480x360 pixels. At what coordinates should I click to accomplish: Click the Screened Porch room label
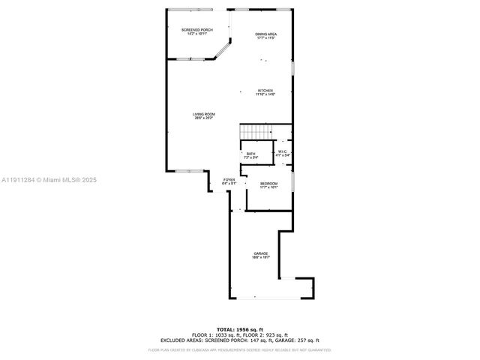coord(197,29)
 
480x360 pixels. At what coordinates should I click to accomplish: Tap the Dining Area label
coord(265,34)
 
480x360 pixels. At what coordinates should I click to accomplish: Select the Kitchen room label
coord(265,91)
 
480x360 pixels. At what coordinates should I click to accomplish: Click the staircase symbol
coord(255,132)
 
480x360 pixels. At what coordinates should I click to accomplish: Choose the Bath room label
coord(250,154)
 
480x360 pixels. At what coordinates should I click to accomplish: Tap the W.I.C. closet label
coord(283,151)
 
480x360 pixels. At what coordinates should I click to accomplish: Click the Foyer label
coord(229,180)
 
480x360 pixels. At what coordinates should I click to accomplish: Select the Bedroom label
coord(268,183)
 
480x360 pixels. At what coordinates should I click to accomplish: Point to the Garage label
coord(260,253)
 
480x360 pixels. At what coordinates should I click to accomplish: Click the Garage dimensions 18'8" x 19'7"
coord(260,257)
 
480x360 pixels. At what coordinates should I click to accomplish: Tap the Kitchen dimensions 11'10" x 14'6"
coord(265,94)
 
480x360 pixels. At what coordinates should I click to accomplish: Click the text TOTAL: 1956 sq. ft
coord(239,329)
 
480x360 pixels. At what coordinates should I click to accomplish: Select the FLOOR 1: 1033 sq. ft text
coord(212,334)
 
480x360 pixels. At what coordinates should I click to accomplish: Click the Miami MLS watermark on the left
coord(49,180)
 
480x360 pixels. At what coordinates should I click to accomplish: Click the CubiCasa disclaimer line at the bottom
coord(239,349)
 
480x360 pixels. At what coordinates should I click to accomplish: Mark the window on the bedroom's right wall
coord(292,181)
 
